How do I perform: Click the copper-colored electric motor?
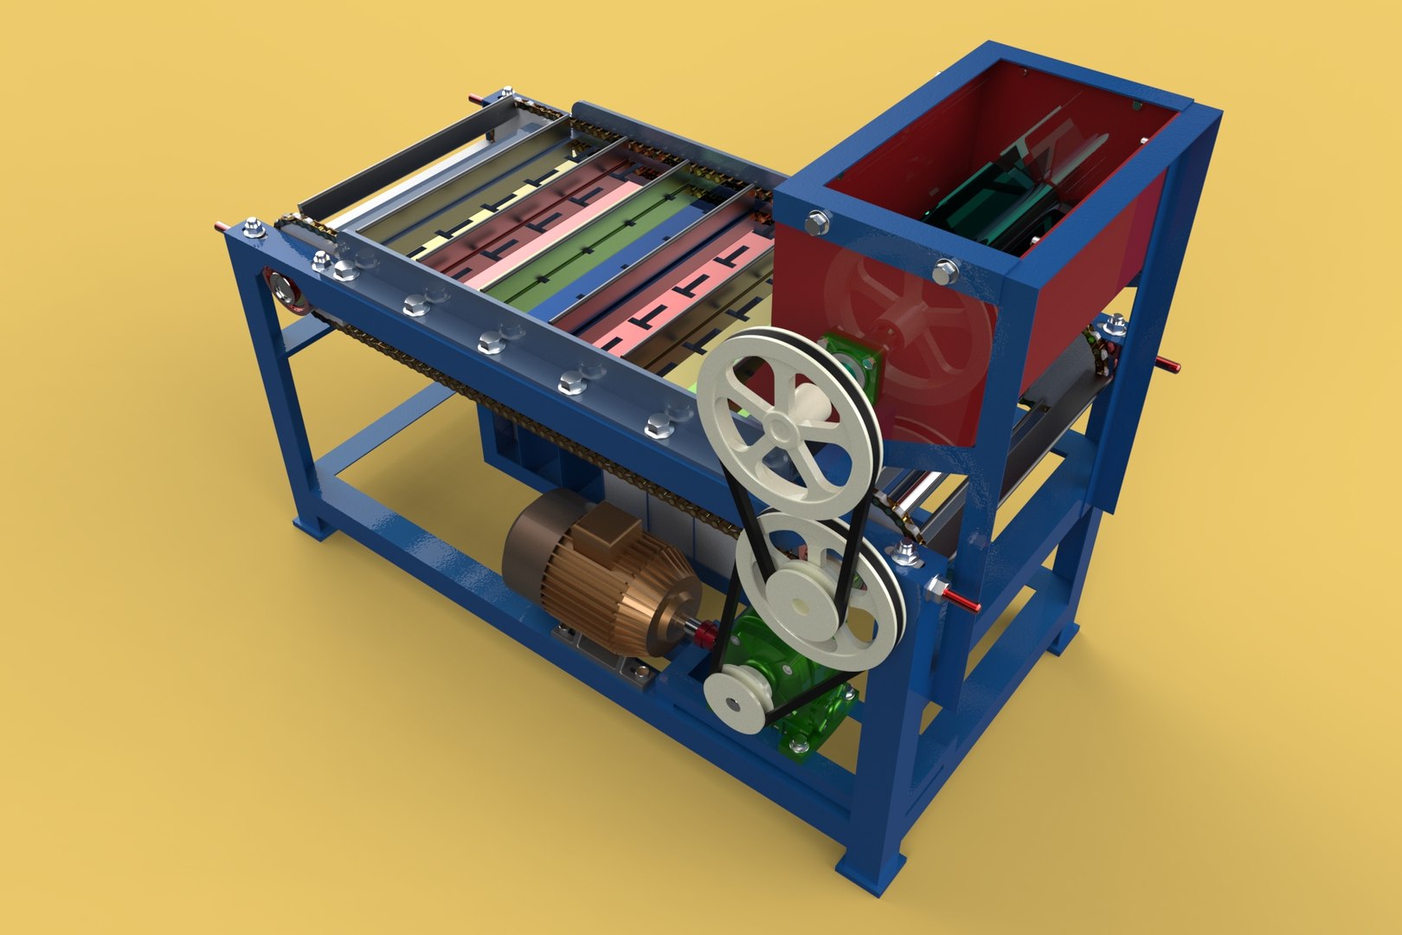point(597,571)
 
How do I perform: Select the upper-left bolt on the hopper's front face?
point(815,223)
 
